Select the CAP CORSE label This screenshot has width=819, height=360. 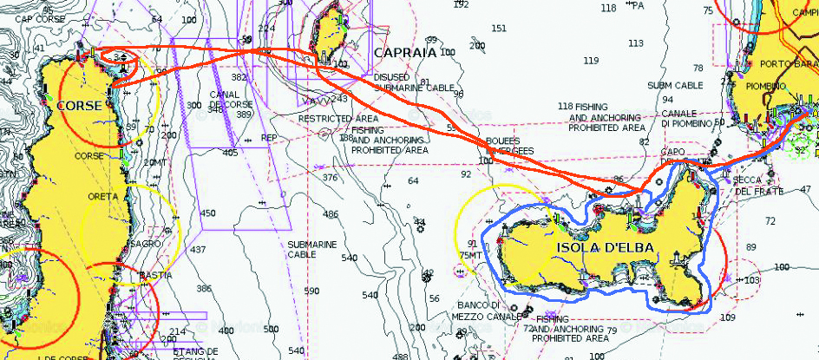click(40, 19)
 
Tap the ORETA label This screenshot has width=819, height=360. click(102, 197)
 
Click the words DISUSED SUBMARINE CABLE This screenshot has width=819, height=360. click(415, 82)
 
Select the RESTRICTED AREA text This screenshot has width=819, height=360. click(337, 118)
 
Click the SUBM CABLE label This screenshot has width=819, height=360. click(675, 86)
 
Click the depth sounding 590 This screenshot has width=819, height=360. click(314, 291)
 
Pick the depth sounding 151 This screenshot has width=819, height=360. click(499, 29)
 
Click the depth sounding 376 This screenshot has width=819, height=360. click(331, 178)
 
